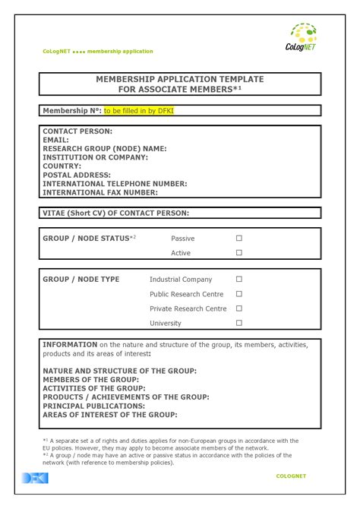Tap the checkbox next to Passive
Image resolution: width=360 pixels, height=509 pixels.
tap(238, 238)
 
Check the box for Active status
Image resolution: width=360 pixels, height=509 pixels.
tap(238, 252)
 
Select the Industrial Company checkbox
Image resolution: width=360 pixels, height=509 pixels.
tap(238, 279)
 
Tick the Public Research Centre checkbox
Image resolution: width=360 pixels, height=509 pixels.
tap(238, 293)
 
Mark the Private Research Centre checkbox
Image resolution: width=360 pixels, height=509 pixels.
tap(238, 308)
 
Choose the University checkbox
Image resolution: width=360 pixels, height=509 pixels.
tap(238, 322)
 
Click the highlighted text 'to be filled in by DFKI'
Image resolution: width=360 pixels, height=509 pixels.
tap(140, 111)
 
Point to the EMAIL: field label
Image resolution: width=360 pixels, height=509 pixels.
tap(55, 140)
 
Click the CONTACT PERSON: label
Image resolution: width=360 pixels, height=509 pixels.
tap(77, 131)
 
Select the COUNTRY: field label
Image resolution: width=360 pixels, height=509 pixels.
tap(62, 166)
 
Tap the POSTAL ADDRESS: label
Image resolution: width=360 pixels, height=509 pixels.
tap(77, 175)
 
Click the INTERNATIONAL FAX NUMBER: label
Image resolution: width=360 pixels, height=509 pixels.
tap(105, 192)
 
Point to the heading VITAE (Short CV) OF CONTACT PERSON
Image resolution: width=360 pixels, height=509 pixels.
tap(115, 213)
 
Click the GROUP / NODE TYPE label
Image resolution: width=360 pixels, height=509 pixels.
tap(81, 279)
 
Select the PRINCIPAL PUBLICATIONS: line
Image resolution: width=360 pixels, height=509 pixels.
tap(94, 406)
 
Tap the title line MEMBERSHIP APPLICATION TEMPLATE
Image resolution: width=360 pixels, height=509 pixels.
tap(180, 79)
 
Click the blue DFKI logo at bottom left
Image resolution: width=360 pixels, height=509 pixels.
tap(35, 477)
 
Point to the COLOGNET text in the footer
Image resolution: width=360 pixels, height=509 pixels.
tap(291, 476)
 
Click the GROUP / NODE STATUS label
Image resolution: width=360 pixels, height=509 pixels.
tap(87, 238)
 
